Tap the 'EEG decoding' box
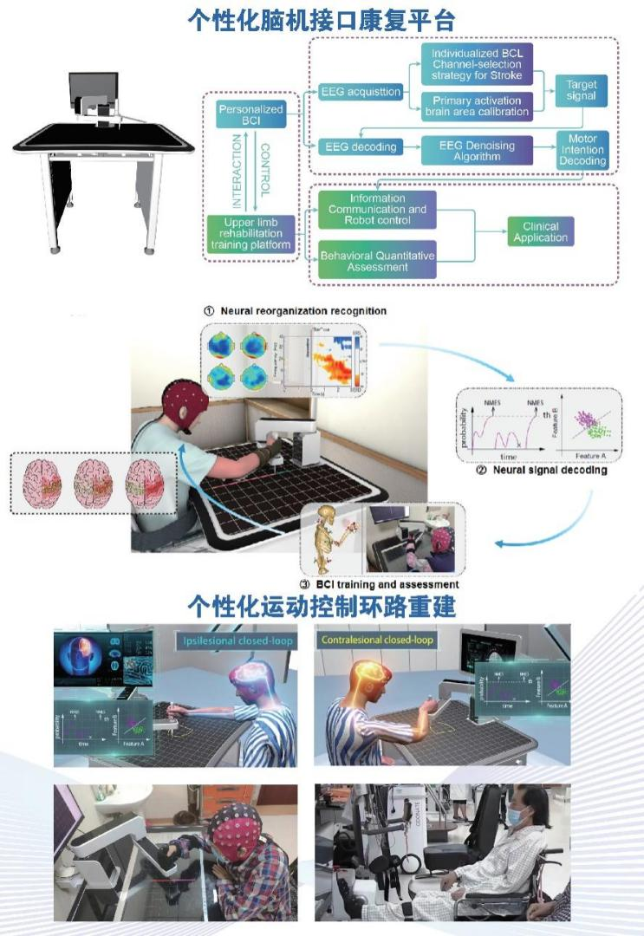[x=358, y=147]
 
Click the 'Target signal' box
[x=581, y=90]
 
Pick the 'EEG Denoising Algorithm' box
[x=475, y=151]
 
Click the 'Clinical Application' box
[x=541, y=232]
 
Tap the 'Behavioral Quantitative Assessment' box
[x=377, y=261]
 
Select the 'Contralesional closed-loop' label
[x=378, y=641]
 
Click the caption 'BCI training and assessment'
[x=379, y=583]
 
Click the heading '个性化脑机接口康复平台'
[x=322, y=19]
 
